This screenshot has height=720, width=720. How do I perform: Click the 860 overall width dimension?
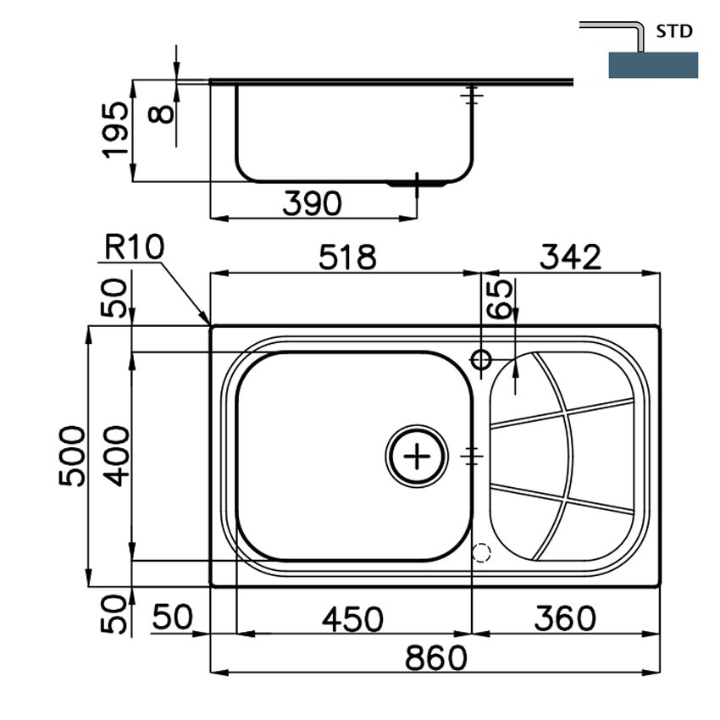(x=435, y=657)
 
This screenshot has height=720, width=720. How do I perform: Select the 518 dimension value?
(x=347, y=257)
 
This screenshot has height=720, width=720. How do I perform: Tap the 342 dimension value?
(x=570, y=257)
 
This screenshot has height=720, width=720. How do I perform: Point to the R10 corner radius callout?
(x=134, y=246)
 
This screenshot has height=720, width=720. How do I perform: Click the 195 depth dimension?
(x=115, y=130)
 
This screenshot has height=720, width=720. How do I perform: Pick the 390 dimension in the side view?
(x=313, y=203)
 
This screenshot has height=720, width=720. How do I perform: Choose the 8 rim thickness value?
(x=161, y=114)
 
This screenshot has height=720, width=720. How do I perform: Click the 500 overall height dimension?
(x=72, y=456)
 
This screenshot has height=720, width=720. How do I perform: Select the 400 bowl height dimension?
(x=116, y=456)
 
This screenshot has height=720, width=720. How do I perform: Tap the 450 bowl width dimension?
(x=352, y=619)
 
